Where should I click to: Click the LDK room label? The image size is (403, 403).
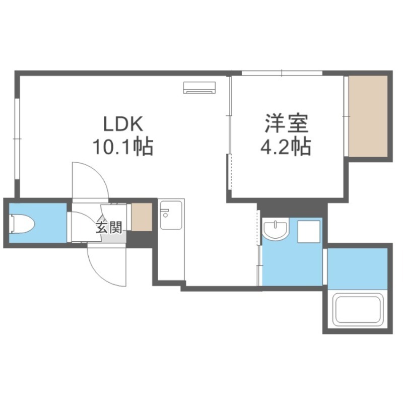123,124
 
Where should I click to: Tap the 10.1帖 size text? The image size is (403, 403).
123,147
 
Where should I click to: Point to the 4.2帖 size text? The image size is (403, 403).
286,147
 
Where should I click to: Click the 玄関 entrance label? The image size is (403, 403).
109,227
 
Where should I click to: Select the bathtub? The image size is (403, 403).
358,309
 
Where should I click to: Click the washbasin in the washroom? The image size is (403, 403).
276,230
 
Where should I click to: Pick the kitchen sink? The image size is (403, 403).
171,215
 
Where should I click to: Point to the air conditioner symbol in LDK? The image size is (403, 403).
199,87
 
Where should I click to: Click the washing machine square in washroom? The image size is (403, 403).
309,231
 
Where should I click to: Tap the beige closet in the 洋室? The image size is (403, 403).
368,116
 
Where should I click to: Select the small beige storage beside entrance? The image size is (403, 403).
142,217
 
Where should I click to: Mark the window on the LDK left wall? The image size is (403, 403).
17,139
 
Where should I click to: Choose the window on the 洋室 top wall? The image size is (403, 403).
282,73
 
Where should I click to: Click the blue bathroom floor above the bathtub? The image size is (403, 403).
358,269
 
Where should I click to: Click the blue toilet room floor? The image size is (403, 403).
38,223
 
